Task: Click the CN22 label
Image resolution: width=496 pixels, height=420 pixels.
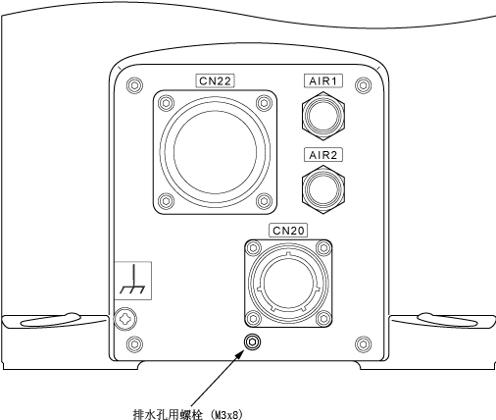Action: pos(215,80)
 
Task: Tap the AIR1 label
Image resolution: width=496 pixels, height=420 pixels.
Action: pos(323,80)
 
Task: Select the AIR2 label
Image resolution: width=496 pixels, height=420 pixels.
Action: pos(323,155)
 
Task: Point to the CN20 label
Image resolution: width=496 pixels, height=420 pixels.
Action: pos(288,231)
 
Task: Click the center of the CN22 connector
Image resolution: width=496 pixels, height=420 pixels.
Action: pos(215,152)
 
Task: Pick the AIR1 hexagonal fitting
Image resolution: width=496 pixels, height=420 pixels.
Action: pos(323,116)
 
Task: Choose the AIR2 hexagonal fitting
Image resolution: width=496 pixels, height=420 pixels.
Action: pos(323,189)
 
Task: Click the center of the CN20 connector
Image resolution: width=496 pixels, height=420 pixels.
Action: pos(288,284)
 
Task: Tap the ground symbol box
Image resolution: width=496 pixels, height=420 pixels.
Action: pos(132,281)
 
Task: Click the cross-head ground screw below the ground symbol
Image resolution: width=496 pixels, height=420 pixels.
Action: pos(125,319)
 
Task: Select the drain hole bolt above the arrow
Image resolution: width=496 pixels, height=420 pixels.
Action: pos(252,341)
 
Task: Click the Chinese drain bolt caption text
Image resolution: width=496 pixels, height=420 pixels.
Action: pos(188,414)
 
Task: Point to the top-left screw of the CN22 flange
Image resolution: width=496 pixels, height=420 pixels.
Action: pos(166,103)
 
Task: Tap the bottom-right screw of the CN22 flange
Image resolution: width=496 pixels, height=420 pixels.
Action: pos(264,201)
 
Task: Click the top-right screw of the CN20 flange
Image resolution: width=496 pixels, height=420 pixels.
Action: pos(323,248)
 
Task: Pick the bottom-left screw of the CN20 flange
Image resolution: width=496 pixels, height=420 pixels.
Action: pos(253,318)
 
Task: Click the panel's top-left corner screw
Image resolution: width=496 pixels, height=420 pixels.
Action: pos(134,85)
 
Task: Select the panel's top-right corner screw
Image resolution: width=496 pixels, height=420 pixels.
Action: pos(363,85)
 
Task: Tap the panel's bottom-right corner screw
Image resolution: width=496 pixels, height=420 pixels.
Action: pos(363,343)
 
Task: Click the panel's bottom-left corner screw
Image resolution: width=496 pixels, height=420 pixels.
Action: pos(134,343)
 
